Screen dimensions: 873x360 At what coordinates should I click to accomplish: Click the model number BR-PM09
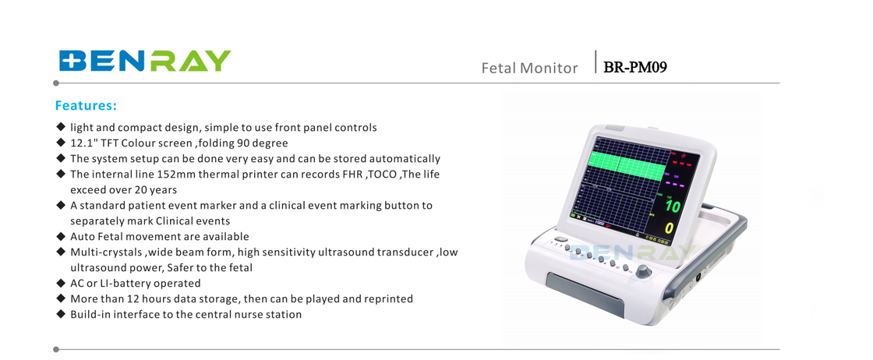pyautogui.click(x=635, y=67)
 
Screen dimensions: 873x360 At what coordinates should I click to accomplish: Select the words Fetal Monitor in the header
pyautogui.click(x=529, y=68)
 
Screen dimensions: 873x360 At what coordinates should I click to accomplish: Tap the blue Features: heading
pyautogui.click(x=87, y=106)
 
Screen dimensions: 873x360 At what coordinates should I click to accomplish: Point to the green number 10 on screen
pyautogui.click(x=672, y=206)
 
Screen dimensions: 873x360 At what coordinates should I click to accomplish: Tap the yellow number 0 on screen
pyautogui.click(x=670, y=228)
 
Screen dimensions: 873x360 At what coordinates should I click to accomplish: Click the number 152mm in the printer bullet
pyautogui.click(x=176, y=175)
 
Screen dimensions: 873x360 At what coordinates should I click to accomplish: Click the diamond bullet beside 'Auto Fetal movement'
pyautogui.click(x=61, y=236)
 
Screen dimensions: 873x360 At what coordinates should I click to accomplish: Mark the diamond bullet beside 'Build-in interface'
pyautogui.click(x=61, y=314)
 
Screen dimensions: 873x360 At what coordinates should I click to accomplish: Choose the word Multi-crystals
pyautogui.click(x=106, y=252)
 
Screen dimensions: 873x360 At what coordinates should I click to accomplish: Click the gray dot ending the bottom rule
pyautogui.click(x=55, y=349)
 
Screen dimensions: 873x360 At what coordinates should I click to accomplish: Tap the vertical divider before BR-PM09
pyautogui.click(x=596, y=62)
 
